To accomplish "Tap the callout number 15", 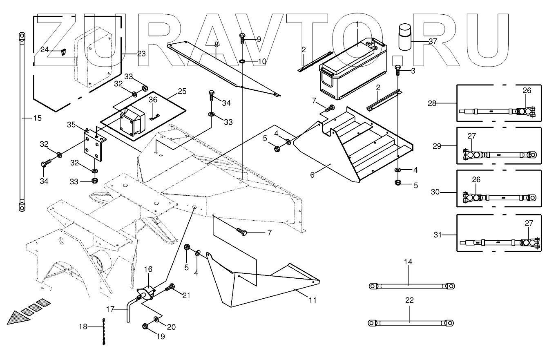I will click(38, 119).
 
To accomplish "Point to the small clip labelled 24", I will click(63, 51).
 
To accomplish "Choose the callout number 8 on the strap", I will click(217, 44).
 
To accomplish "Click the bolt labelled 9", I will click(242, 38).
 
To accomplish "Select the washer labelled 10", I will click(242, 61).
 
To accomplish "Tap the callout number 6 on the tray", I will click(313, 174).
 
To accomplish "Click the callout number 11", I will click(313, 300).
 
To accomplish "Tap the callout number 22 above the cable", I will click(409, 300).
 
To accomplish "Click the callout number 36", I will click(152, 100).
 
